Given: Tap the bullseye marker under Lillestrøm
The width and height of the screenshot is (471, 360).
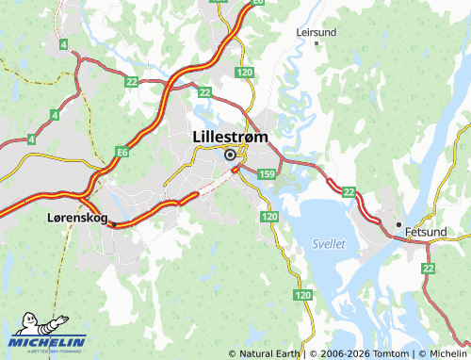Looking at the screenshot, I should coord(229,155).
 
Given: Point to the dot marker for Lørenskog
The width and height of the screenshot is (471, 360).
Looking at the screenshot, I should coord(110,224).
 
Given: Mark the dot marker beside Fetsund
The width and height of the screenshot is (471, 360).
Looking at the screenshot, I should coord(398,224).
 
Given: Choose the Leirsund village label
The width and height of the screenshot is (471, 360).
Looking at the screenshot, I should coord(316,31).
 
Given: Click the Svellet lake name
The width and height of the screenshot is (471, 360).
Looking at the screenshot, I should coord(328,243).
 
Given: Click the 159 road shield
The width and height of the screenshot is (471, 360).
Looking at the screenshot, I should coord(267,174).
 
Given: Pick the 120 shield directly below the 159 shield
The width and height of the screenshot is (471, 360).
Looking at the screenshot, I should coord(270,217).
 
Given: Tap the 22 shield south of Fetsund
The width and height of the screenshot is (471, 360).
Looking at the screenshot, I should coord(429,269).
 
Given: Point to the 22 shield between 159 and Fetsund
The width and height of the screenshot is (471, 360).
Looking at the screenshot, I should coord(349,192).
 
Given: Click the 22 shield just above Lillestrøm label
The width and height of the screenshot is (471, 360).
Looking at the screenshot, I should coord(204,91).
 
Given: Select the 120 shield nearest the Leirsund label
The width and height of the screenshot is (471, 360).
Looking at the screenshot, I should coord(246,72).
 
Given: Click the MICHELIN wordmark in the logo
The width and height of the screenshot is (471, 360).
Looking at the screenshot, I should coord(48,342).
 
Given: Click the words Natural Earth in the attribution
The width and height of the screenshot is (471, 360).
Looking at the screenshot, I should coord(268,353).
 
